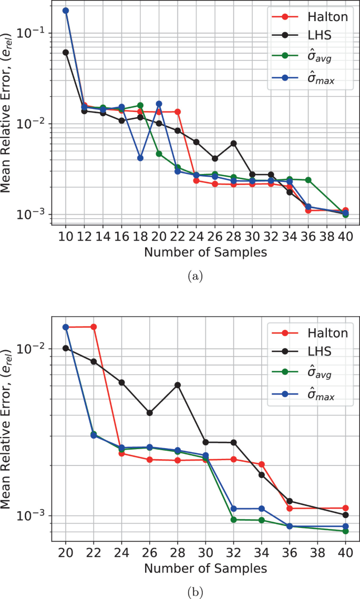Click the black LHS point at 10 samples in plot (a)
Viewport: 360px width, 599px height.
coord(66,53)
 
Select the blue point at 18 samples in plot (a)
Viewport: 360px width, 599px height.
coord(140,158)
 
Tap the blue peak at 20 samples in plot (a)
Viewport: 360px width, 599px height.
coord(159,104)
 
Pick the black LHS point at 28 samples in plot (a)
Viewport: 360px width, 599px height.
coord(233,143)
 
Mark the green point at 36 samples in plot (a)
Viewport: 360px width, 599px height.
coord(308,180)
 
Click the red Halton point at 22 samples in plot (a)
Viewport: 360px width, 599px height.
coord(178,111)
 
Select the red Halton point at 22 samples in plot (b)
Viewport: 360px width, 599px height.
coord(94,327)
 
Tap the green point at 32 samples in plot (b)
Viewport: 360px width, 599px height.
coord(233,520)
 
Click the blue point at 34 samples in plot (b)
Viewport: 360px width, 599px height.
coord(261,509)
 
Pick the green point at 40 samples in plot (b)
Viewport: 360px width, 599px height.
coord(345,531)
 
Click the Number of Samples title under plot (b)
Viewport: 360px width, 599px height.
coord(205,568)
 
